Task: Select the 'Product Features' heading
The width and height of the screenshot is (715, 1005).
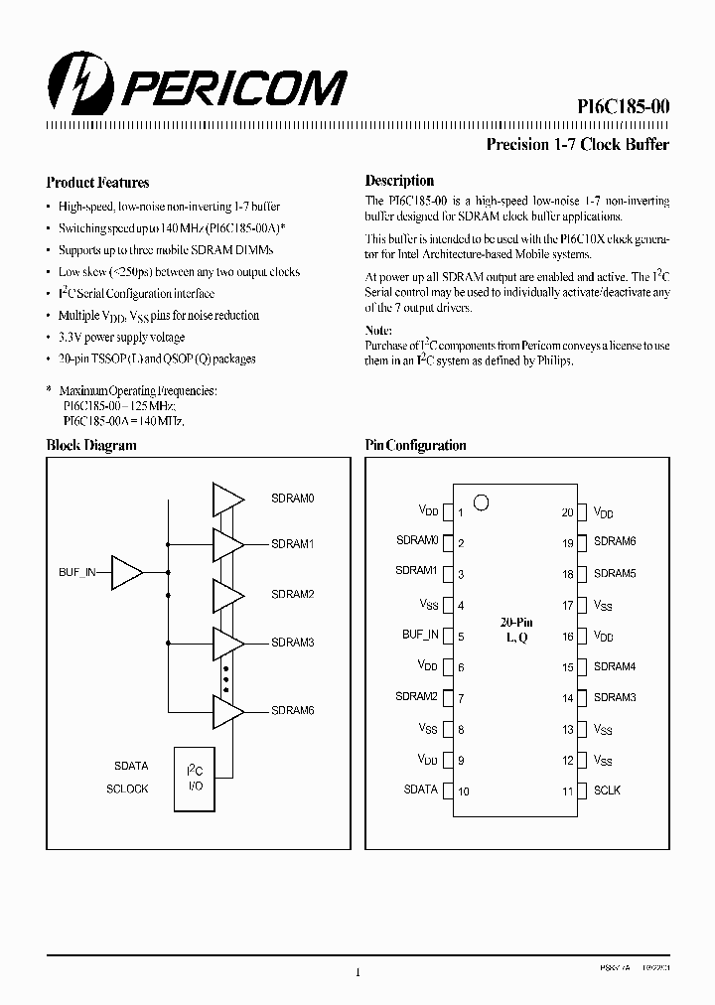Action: coord(97,183)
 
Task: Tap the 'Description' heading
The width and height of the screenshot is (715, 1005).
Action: coord(399,181)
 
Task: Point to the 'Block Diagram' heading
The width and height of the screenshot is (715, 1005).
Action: coord(91,446)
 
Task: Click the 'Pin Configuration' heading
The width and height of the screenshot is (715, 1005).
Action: coord(415,446)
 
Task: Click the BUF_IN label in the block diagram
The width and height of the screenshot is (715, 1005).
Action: coord(77,573)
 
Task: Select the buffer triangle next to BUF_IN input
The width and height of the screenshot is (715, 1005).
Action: coord(127,573)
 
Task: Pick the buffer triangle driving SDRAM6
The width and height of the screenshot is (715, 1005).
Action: coord(227,710)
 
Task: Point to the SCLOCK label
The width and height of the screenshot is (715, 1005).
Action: coord(127,789)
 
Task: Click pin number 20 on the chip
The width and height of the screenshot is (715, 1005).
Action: coord(567,512)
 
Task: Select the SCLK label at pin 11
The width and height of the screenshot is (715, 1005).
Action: coord(607,790)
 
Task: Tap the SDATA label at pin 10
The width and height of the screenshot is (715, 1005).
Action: coord(421,790)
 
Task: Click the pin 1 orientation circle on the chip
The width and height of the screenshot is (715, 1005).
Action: coord(481,502)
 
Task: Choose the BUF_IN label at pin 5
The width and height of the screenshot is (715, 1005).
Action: coord(420,635)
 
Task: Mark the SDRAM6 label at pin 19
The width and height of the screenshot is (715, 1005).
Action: coord(615,542)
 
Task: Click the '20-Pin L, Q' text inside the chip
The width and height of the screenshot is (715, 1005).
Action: coord(514,630)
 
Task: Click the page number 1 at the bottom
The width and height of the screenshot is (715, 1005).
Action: coord(357,973)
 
